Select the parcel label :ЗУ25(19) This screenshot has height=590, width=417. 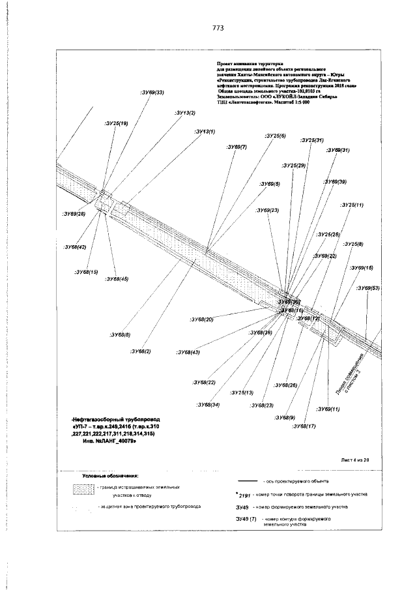pyautogui.click(x=116, y=123)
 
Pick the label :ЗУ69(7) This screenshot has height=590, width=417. pyautogui.click(x=236, y=147)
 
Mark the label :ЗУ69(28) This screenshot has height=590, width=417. pyautogui.click(x=74, y=213)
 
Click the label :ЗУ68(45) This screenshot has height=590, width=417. pyautogui.click(x=117, y=278)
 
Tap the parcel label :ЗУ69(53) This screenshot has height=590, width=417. pyautogui.click(x=368, y=288)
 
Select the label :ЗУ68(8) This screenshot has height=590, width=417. pyautogui.click(x=120, y=334)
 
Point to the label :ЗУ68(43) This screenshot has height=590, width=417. pyautogui.click(x=188, y=352)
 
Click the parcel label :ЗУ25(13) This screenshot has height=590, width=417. pyautogui.click(x=242, y=392)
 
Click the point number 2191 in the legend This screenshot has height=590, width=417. pyautogui.click(x=242, y=495)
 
